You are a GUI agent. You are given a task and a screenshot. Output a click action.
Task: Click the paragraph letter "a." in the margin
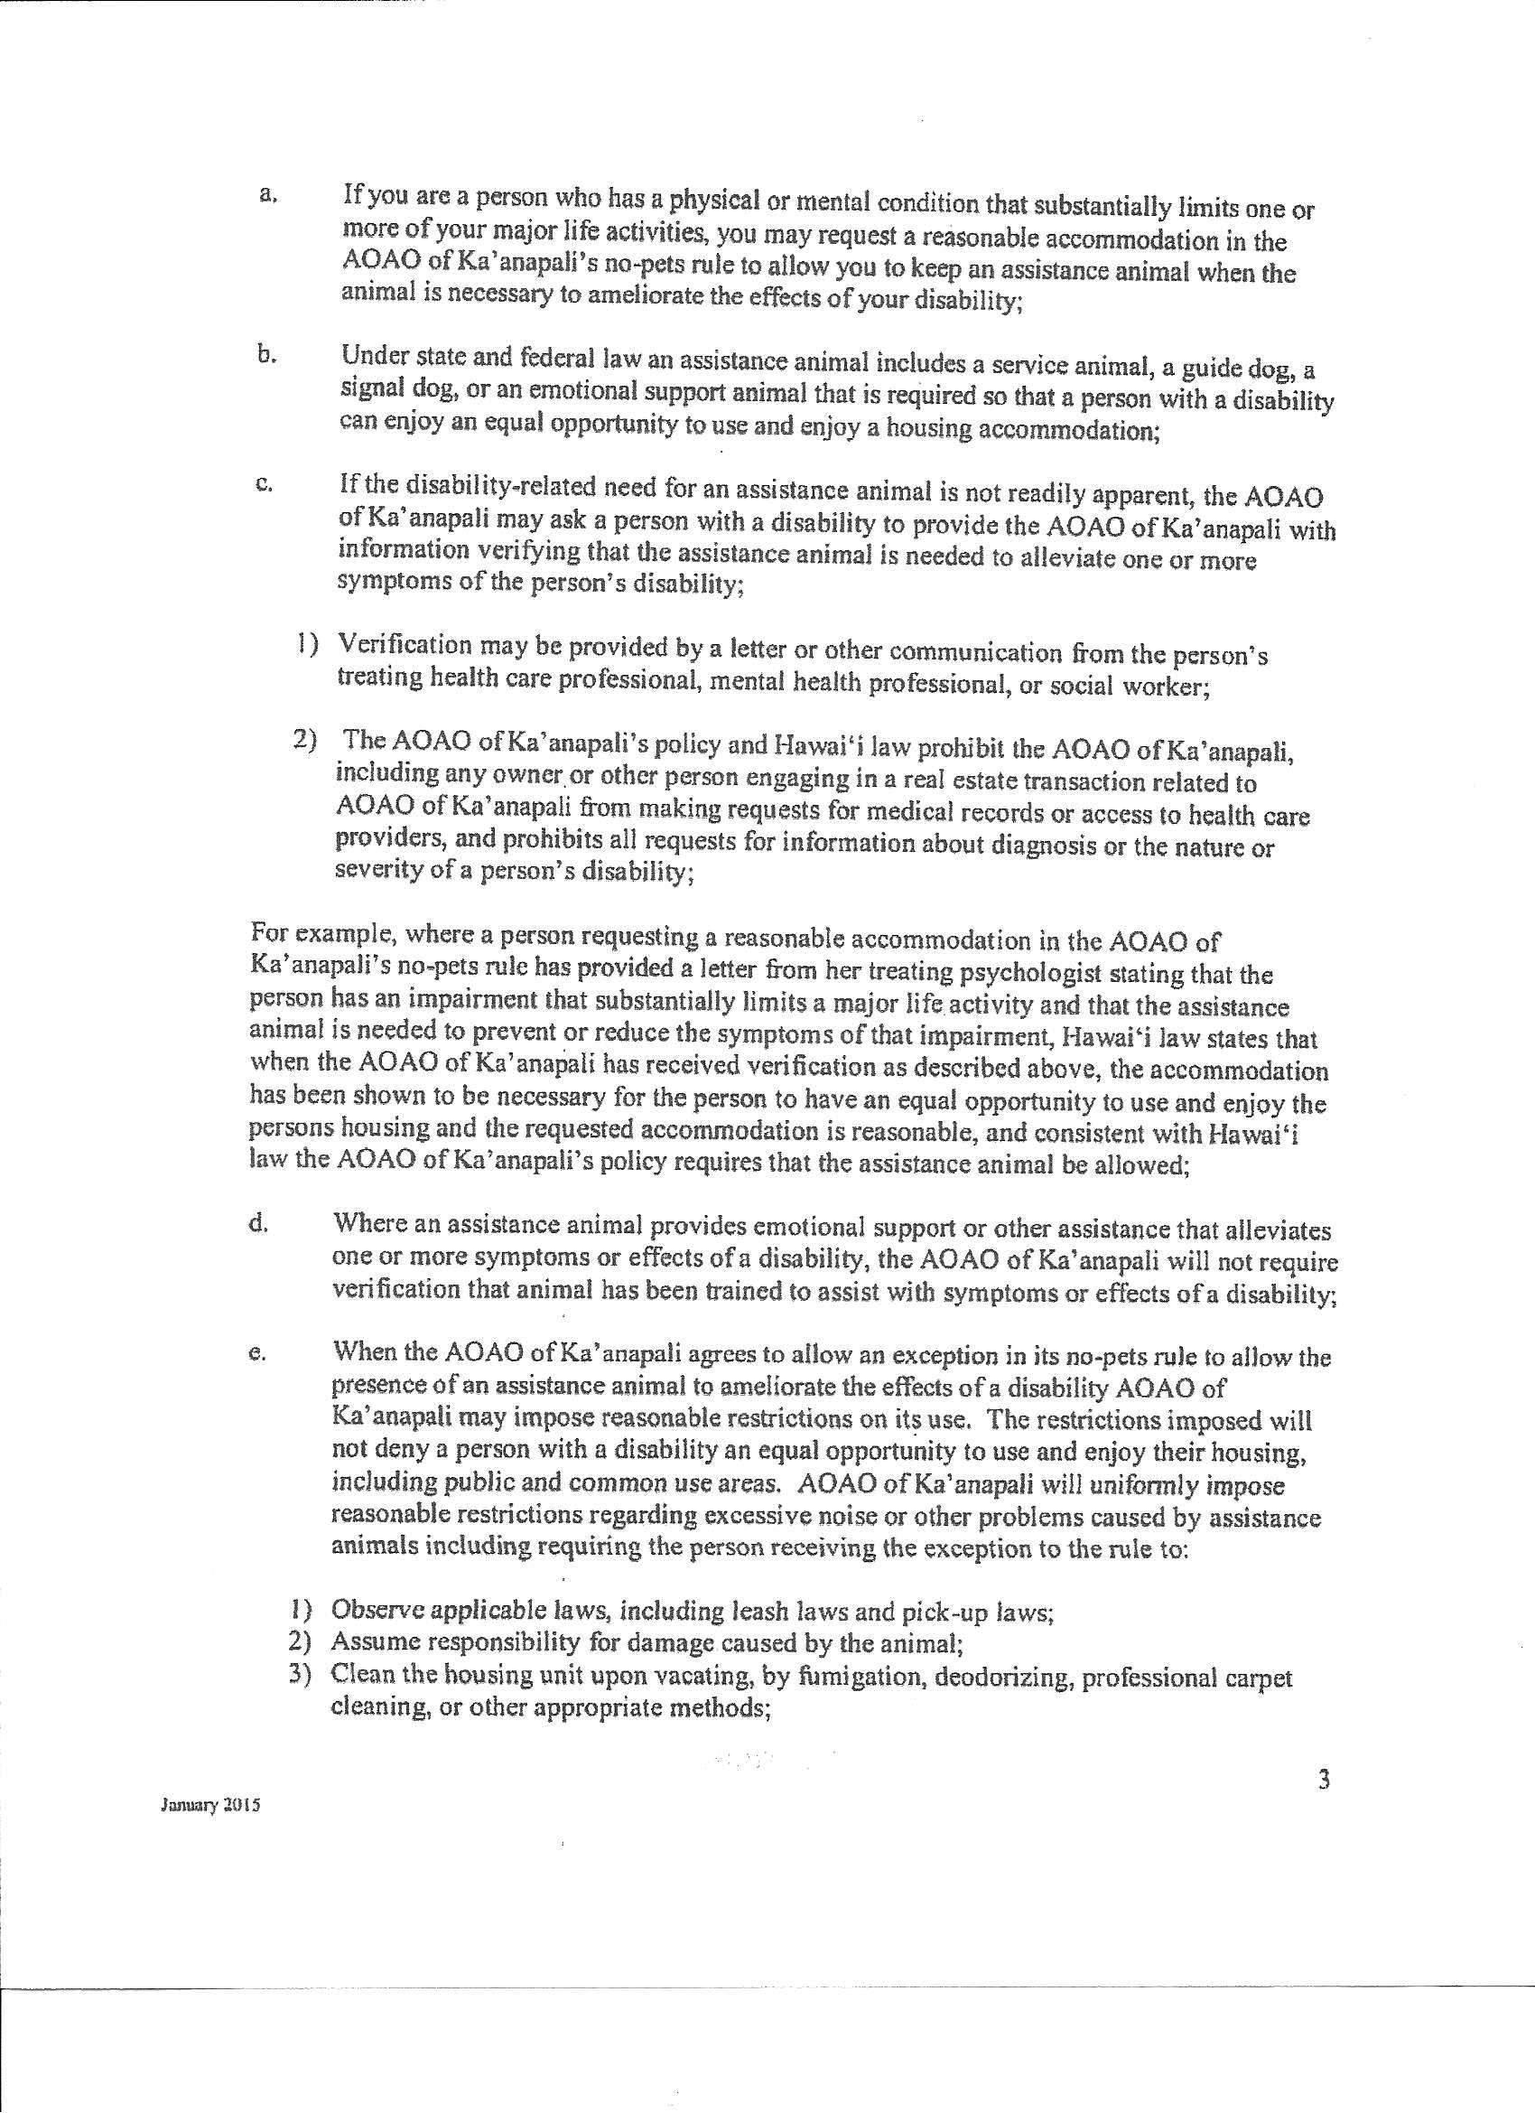pyautogui.click(x=266, y=195)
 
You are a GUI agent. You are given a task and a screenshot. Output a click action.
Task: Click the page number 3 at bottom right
pyautogui.click(x=1324, y=1781)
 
